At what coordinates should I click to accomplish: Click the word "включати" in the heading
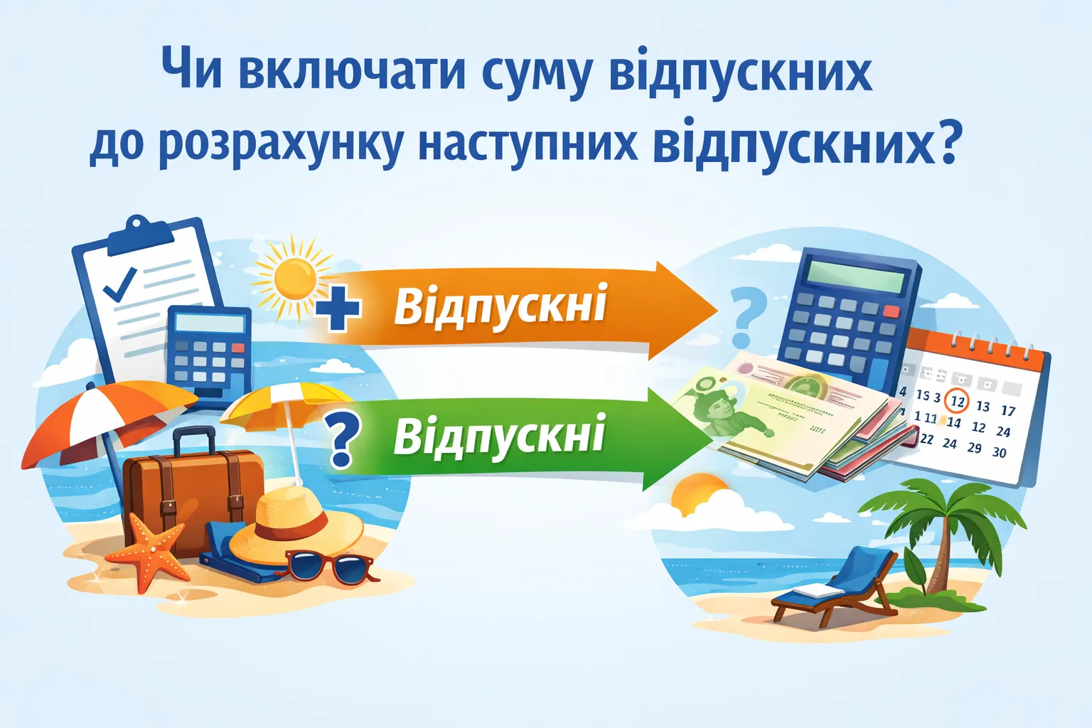(x=351, y=71)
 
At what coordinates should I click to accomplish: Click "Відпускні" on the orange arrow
(x=500, y=306)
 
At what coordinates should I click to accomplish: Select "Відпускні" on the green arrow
(x=499, y=435)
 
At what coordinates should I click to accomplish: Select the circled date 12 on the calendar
(x=958, y=401)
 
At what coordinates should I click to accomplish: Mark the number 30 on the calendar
(x=999, y=452)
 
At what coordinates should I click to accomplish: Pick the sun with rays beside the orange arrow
(x=294, y=279)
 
